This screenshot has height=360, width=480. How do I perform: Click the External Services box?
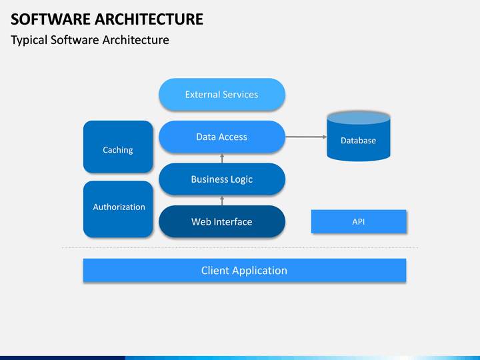point(222,94)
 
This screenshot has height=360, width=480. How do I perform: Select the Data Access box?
point(222,137)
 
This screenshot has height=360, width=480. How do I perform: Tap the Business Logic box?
point(222,179)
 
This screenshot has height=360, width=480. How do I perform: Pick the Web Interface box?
point(222,221)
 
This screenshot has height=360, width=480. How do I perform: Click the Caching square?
point(118,147)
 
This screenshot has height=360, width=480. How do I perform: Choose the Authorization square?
point(118,209)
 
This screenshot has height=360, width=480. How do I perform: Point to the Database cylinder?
point(359,137)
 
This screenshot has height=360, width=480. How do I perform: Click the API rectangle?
point(359,221)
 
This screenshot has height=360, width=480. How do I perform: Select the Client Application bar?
point(245,270)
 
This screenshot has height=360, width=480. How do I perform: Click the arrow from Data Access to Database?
point(306,137)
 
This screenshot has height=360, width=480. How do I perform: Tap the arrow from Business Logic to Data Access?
point(222,158)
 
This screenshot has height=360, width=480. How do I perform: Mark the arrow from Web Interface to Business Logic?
point(222,201)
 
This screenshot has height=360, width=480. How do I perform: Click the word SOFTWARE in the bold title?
point(50,19)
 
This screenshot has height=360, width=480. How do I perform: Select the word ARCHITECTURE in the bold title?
point(149,19)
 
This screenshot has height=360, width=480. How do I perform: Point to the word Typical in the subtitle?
point(29,41)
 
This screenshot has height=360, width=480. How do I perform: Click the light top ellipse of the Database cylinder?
point(359,118)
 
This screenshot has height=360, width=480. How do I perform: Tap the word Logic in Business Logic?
point(241,180)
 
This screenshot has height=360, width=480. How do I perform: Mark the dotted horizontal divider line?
point(240,247)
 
